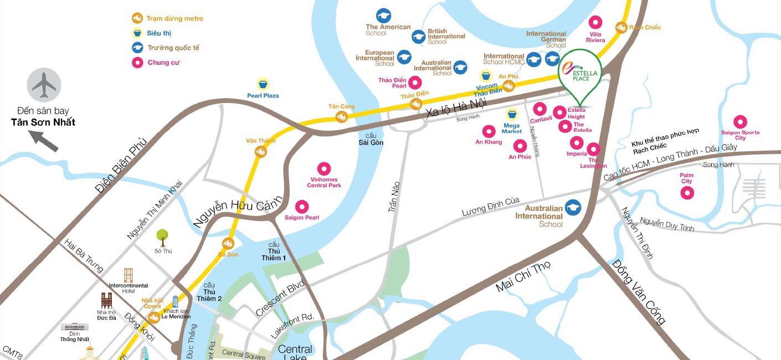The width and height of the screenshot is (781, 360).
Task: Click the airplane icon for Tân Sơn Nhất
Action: click(x=44, y=84)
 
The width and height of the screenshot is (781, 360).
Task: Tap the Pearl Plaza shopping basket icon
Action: click(x=263, y=84)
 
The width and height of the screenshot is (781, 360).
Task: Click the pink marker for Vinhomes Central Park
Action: click(x=324, y=169)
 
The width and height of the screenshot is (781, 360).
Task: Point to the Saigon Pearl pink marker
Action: click(x=302, y=207)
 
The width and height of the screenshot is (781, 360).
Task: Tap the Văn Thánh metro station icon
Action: click(x=260, y=151)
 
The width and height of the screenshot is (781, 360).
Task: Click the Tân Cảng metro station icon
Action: click(x=341, y=116)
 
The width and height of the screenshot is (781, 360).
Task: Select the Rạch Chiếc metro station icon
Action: click(x=621, y=27)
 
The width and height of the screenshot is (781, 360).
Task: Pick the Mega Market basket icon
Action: click(x=512, y=115)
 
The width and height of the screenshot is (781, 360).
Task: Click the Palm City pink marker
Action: click(x=687, y=193)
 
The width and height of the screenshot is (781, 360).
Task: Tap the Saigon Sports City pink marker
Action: click(x=740, y=122)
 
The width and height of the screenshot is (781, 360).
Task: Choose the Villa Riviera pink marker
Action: click(x=595, y=23)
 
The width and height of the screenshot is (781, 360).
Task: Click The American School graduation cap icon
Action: click(x=383, y=16)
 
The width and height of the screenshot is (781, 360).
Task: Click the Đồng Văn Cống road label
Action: click(x=638, y=292)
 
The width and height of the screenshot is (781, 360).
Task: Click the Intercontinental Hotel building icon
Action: click(x=129, y=275)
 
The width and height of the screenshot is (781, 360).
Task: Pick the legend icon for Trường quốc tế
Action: click(x=138, y=48)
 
